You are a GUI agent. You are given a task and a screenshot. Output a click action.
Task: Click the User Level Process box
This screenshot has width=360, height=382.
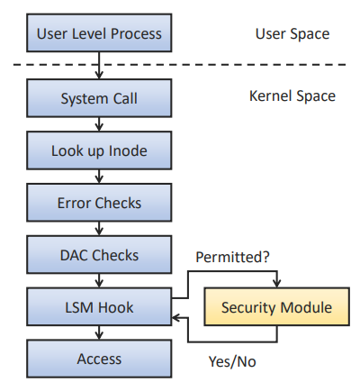click(x=99, y=32)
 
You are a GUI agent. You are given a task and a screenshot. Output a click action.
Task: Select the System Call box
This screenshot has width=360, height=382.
click(x=99, y=98)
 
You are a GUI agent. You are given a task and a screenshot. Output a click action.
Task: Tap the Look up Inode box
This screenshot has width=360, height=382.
click(x=99, y=150)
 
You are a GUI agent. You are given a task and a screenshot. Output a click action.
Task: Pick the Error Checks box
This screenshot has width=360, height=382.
click(x=99, y=203)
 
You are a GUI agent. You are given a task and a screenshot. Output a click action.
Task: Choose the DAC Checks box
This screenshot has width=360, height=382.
click(x=99, y=255)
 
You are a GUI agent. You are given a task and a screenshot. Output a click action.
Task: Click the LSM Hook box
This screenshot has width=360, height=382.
click(x=99, y=307)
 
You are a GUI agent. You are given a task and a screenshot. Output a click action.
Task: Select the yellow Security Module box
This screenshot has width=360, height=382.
click(x=276, y=306)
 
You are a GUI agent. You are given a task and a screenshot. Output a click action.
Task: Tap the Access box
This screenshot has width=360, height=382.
click(x=99, y=359)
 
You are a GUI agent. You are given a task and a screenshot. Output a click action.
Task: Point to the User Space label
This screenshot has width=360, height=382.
click(x=292, y=34)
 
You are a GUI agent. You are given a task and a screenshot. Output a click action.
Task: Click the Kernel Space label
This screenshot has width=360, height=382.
click(x=292, y=96)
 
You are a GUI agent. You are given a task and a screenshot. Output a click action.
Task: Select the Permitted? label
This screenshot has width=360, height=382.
click(x=232, y=257)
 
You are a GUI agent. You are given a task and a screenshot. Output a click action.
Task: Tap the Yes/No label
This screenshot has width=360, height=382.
click(x=232, y=361)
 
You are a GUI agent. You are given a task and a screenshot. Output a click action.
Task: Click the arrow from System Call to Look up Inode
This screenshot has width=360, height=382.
click(x=99, y=124)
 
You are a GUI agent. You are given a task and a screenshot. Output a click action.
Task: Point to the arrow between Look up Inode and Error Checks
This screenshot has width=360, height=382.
click(x=99, y=177)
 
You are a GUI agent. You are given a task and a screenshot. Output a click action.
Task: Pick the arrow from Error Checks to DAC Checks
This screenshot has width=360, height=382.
click(x=99, y=229)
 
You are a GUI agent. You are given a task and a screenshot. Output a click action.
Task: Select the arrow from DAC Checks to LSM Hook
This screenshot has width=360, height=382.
click(x=99, y=281)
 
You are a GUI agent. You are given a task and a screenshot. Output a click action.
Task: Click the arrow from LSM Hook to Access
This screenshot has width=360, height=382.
click(x=99, y=332)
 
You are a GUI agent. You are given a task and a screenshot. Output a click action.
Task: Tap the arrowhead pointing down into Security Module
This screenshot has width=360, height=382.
click(x=276, y=283)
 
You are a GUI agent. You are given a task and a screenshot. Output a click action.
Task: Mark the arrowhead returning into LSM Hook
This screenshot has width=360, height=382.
click(x=176, y=318)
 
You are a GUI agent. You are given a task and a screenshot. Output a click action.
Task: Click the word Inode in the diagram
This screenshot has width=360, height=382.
click(x=128, y=150)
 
